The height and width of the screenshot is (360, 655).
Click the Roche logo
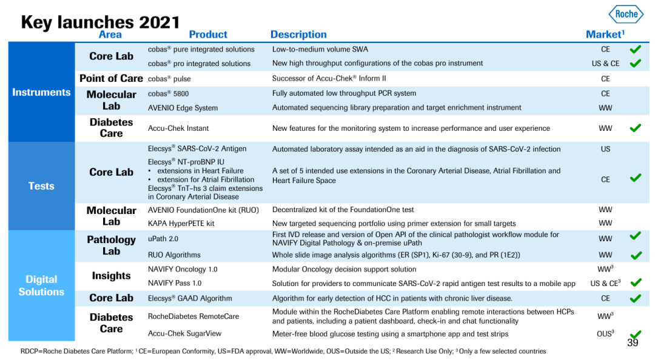click(x=626, y=14)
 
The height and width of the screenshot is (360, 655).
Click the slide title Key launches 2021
click(x=100, y=22)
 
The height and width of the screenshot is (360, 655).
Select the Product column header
click(x=208, y=35)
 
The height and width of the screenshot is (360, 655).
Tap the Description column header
click(x=298, y=35)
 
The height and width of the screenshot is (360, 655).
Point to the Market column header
click(x=605, y=35)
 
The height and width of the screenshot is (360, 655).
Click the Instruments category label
click(x=41, y=92)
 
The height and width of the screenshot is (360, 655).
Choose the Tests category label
click(x=41, y=186)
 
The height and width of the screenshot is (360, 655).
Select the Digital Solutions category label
click(x=41, y=285)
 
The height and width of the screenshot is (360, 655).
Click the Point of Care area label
click(x=111, y=78)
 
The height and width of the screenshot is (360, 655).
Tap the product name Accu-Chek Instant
click(x=178, y=128)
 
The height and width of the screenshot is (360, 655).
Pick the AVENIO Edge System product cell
click(x=183, y=108)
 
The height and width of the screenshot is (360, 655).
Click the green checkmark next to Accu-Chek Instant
click(x=635, y=128)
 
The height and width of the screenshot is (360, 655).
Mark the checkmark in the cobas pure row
click(x=635, y=49)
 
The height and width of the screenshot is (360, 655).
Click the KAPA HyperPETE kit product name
click(x=181, y=224)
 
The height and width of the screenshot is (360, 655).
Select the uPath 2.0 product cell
click(x=163, y=239)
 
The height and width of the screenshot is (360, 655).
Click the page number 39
click(x=633, y=343)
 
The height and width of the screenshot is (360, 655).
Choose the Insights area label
click(x=111, y=276)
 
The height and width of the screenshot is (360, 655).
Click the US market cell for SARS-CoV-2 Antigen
click(x=605, y=149)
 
